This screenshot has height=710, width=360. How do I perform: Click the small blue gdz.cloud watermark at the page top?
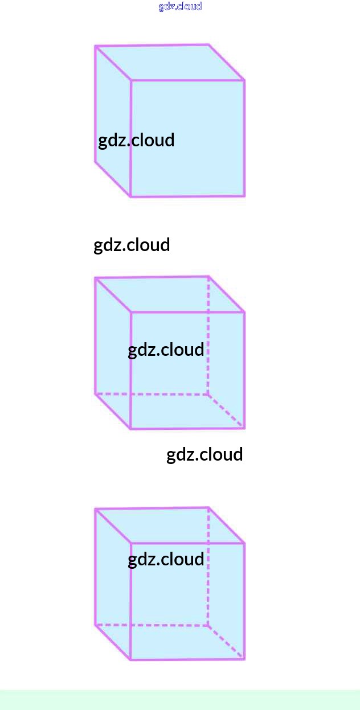click(x=180, y=6)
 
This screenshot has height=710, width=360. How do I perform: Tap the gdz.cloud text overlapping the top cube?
click(x=136, y=140)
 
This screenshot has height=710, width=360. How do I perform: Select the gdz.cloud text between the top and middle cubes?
click(x=132, y=245)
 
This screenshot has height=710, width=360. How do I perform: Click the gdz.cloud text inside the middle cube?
click(x=166, y=350)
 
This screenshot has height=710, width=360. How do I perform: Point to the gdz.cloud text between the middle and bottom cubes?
click(x=204, y=454)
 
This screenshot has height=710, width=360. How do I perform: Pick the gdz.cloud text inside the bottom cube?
click(x=166, y=559)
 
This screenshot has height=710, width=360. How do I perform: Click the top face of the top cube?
click(x=170, y=63)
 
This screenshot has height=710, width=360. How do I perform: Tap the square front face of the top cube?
click(x=188, y=165)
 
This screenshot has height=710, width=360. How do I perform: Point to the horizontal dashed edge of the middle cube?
click(x=151, y=394)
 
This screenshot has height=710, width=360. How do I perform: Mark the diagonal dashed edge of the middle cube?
click(x=226, y=411)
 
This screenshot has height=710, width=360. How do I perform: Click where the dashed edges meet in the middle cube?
click(x=208, y=394)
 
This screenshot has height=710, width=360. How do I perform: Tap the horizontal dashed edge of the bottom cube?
click(x=151, y=625)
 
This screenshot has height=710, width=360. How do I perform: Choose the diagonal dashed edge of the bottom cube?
click(x=226, y=642)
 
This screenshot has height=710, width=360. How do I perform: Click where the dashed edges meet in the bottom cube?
click(x=208, y=626)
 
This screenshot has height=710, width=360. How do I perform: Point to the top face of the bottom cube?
click(x=170, y=526)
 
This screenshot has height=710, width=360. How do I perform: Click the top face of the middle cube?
click(x=170, y=294)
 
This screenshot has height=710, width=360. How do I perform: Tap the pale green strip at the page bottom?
click(x=180, y=700)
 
